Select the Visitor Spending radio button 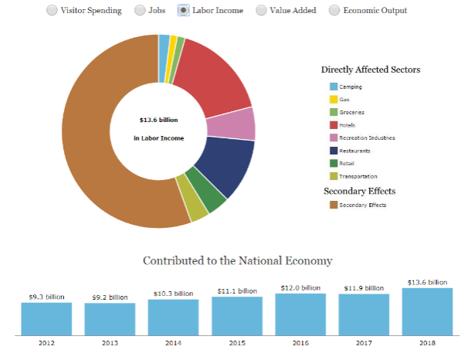pos(52,11)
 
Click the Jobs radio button pos(140,11)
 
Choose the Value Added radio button pos(261,11)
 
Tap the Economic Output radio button pos(334,11)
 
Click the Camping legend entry pos(350,87)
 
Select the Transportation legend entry pos(358,176)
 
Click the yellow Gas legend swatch pos(334,99)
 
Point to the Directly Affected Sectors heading pos(371,70)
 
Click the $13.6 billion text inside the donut pos(158,121)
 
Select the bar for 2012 pos(46,318)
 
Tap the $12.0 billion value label pos(300,287)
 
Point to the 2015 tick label pos(236,341)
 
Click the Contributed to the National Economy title pos(237,260)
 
